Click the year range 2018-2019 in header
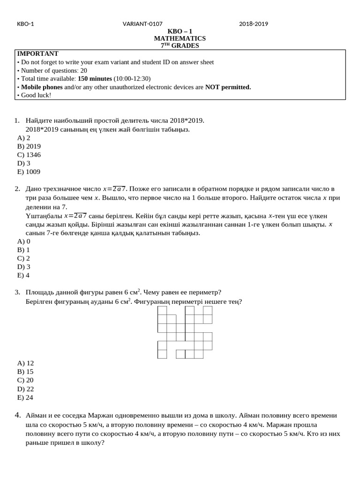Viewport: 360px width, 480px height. tap(253, 24)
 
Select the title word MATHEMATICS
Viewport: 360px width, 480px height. tap(180, 38)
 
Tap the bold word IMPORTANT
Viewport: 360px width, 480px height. tap(37, 54)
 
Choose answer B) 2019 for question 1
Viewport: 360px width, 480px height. tap(29, 146)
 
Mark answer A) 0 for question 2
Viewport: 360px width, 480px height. tap(23, 241)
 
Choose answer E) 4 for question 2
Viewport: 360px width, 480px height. tap(23, 276)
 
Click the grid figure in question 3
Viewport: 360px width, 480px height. tap(185, 332)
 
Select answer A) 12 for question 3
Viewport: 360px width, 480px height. tap(25, 363)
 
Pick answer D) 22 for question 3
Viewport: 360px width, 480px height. tap(25, 389)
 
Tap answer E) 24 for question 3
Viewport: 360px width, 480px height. tap(25, 397)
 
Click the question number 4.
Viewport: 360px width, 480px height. tap(17, 415)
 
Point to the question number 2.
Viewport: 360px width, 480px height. tap(17, 189)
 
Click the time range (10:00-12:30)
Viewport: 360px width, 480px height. tap(132, 79)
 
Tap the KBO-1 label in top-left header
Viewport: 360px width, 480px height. tap(25, 24)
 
